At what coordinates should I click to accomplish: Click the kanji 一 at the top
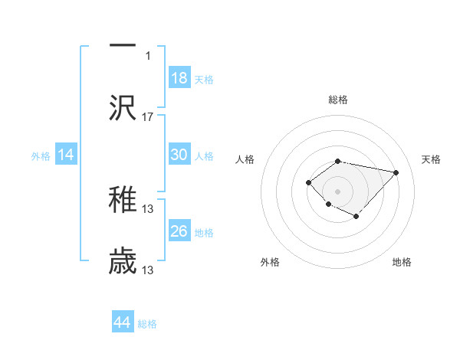coord(123,44)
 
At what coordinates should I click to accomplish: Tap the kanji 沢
coord(123,107)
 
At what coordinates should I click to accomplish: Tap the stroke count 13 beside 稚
coord(148,208)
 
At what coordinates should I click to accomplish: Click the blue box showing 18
coord(179,77)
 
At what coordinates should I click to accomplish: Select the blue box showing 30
coord(179,155)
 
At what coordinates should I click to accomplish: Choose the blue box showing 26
coord(179,231)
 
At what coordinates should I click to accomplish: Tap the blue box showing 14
coord(66,155)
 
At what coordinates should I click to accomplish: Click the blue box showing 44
coord(123,322)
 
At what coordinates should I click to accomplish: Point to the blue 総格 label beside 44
coord(147,324)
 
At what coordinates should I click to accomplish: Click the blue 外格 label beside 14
coord(41,156)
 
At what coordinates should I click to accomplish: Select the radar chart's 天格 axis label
coord(431,159)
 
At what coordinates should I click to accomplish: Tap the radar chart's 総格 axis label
coord(338,100)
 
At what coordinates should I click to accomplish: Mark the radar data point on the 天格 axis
coord(396,172)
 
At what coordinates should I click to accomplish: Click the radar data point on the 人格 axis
coord(308,182)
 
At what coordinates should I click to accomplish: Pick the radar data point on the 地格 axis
coord(356,217)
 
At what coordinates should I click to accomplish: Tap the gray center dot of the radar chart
coord(338,191)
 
